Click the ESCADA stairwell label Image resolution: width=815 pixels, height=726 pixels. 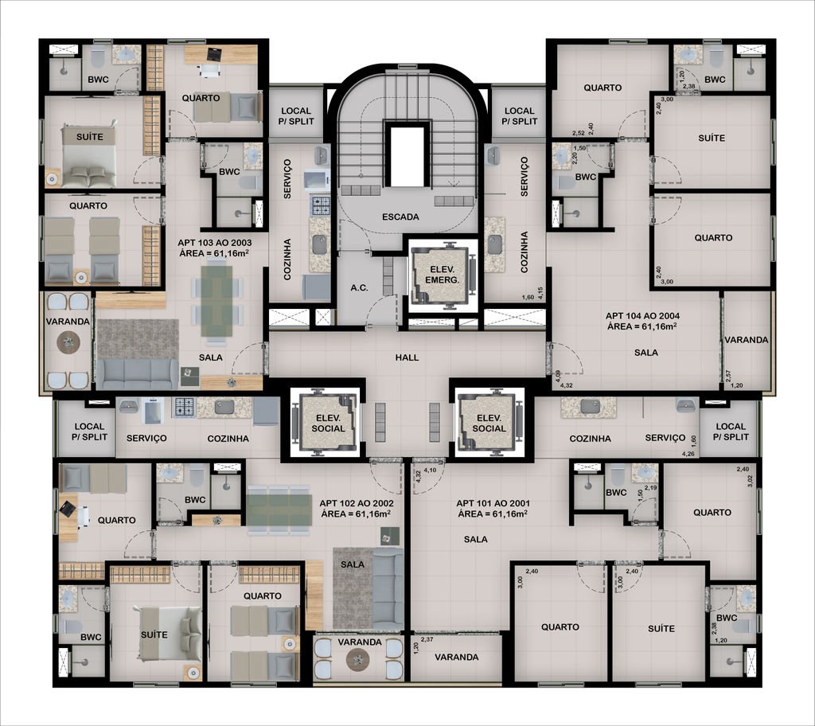pyautogui.click(x=400, y=217)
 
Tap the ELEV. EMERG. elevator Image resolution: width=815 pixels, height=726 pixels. pyautogui.click(x=443, y=275)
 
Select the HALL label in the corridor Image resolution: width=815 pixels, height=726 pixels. pyautogui.click(x=407, y=357)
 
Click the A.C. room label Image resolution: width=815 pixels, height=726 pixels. pyautogui.click(x=359, y=287)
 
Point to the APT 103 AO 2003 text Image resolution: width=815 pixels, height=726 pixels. pyautogui.click(x=215, y=243)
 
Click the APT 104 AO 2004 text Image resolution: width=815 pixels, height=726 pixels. pyautogui.click(x=642, y=316)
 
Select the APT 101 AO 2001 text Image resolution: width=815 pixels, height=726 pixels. pyautogui.click(x=493, y=503)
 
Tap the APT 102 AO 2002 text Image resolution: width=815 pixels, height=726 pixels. pyautogui.click(x=356, y=503)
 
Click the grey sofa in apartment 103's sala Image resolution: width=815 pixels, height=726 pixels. pyautogui.click(x=138, y=374)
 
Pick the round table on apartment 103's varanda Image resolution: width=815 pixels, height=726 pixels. pyautogui.click(x=68, y=342)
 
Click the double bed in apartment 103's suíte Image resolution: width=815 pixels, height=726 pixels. pyautogui.click(x=88, y=155)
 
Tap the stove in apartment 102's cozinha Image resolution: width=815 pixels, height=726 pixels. pyautogui.click(x=184, y=408)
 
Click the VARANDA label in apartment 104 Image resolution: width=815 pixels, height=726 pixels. pyautogui.click(x=746, y=340)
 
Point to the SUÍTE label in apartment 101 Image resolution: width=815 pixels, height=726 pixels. pyautogui.click(x=661, y=629)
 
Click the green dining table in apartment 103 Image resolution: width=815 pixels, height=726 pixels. pyautogui.click(x=216, y=301)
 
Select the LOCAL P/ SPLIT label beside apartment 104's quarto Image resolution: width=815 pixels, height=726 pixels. pyautogui.click(x=519, y=116)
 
